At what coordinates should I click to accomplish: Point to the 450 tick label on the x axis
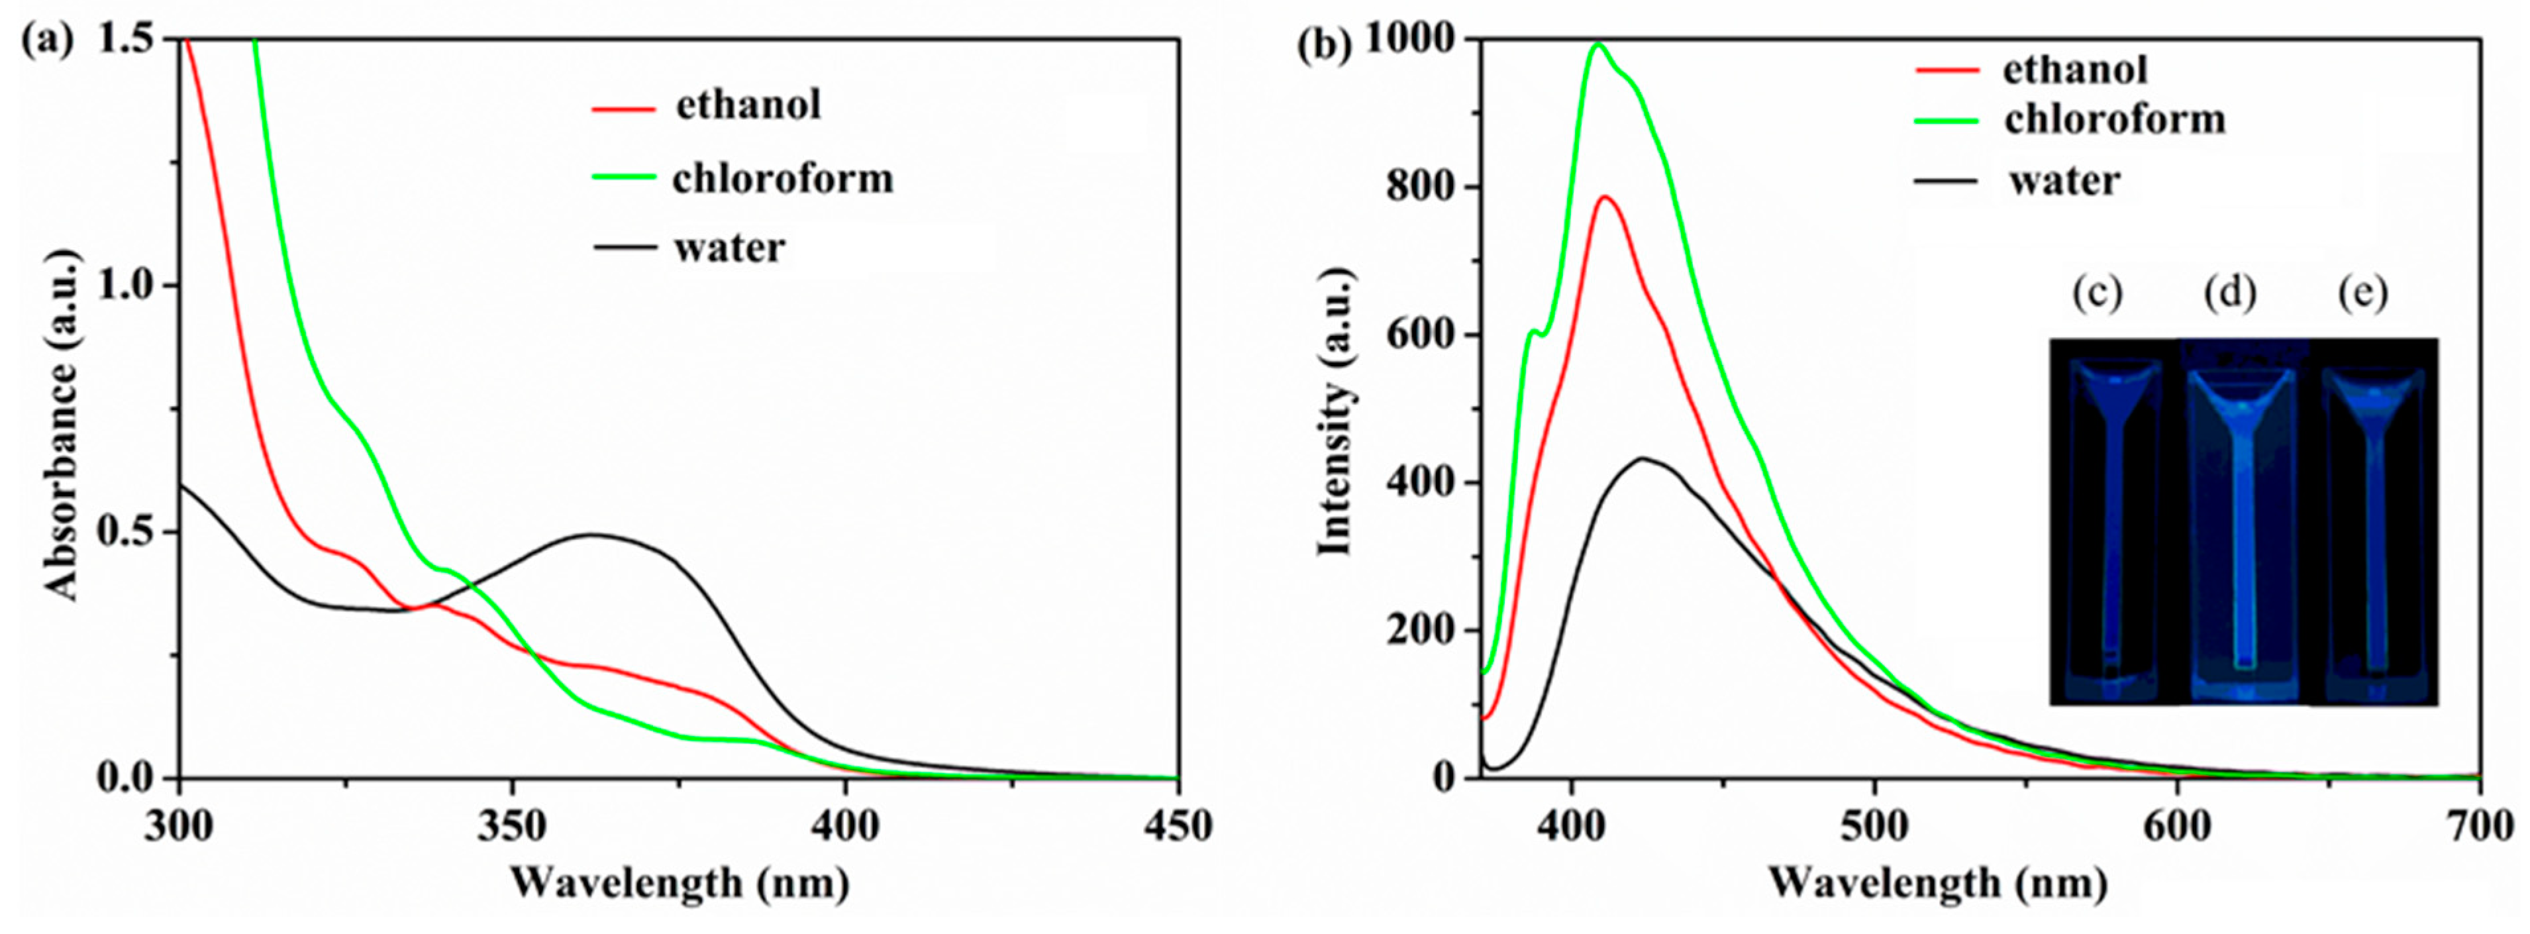pyautogui.click(x=1177, y=826)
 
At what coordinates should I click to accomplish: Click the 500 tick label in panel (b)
pyautogui.click(x=1875, y=826)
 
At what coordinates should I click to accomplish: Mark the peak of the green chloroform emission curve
pyautogui.click(x=1598, y=44)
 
